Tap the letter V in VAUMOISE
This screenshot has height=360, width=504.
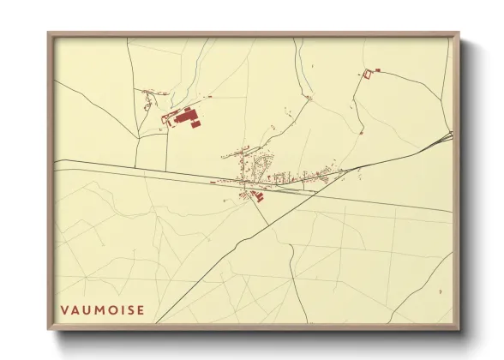64,309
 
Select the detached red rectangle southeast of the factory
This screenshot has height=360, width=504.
195,125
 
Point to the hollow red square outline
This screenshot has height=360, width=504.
369,75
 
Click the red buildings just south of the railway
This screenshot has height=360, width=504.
256,196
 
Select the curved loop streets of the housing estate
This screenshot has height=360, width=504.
267,162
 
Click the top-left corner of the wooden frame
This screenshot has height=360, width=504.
49,34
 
